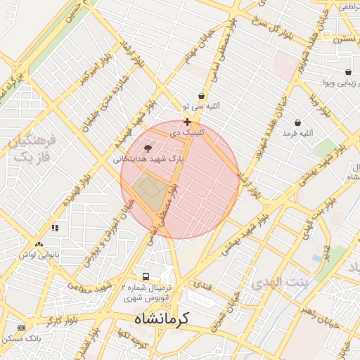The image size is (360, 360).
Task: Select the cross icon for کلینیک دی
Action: click(186, 122)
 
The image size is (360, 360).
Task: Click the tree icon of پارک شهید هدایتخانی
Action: click(148, 148)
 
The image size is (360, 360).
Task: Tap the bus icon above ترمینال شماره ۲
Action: click(146, 276)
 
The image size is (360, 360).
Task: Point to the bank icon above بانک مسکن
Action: click(21, 328)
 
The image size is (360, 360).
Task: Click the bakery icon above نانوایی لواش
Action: click(55, 228)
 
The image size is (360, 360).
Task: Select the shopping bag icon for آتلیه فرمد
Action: click(297, 122)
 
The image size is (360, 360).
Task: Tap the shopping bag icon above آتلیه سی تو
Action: click(202, 96)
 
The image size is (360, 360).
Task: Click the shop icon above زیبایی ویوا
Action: click(348, 72)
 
